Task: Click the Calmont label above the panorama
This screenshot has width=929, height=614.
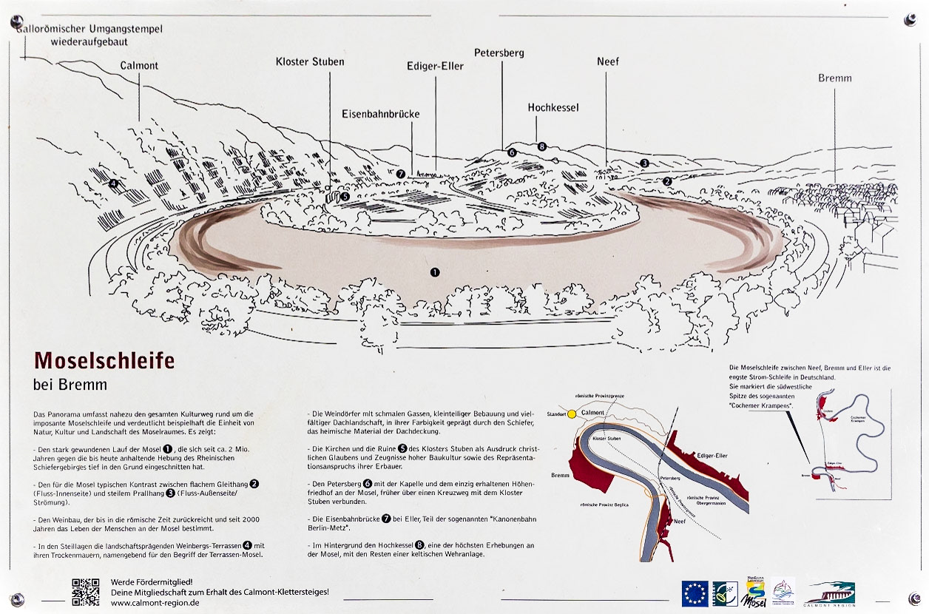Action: tap(139, 66)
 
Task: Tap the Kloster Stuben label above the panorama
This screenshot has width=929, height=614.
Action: tap(310, 61)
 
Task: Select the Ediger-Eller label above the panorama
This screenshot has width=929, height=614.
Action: tap(435, 66)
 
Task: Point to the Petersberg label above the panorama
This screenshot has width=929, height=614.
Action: tap(499, 53)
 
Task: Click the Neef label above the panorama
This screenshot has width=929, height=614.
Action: tap(608, 61)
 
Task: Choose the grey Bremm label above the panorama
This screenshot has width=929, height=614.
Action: tap(835, 78)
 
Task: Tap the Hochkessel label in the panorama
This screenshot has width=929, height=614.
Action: tap(553, 107)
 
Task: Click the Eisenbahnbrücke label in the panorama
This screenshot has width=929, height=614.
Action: tap(380, 114)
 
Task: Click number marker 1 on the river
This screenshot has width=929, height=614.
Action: tap(435, 272)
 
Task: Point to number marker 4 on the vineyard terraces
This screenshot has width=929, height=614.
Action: tap(113, 183)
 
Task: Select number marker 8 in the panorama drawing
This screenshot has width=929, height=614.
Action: tap(542, 146)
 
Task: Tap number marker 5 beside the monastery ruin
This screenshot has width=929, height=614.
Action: tap(345, 196)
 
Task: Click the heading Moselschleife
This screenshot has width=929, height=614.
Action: tap(104, 360)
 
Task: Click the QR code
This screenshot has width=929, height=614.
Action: tap(86, 592)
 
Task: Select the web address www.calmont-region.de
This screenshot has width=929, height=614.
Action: tap(155, 602)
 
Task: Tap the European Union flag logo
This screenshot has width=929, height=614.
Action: tap(695, 593)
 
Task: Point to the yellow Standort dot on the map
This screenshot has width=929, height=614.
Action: tap(572, 413)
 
